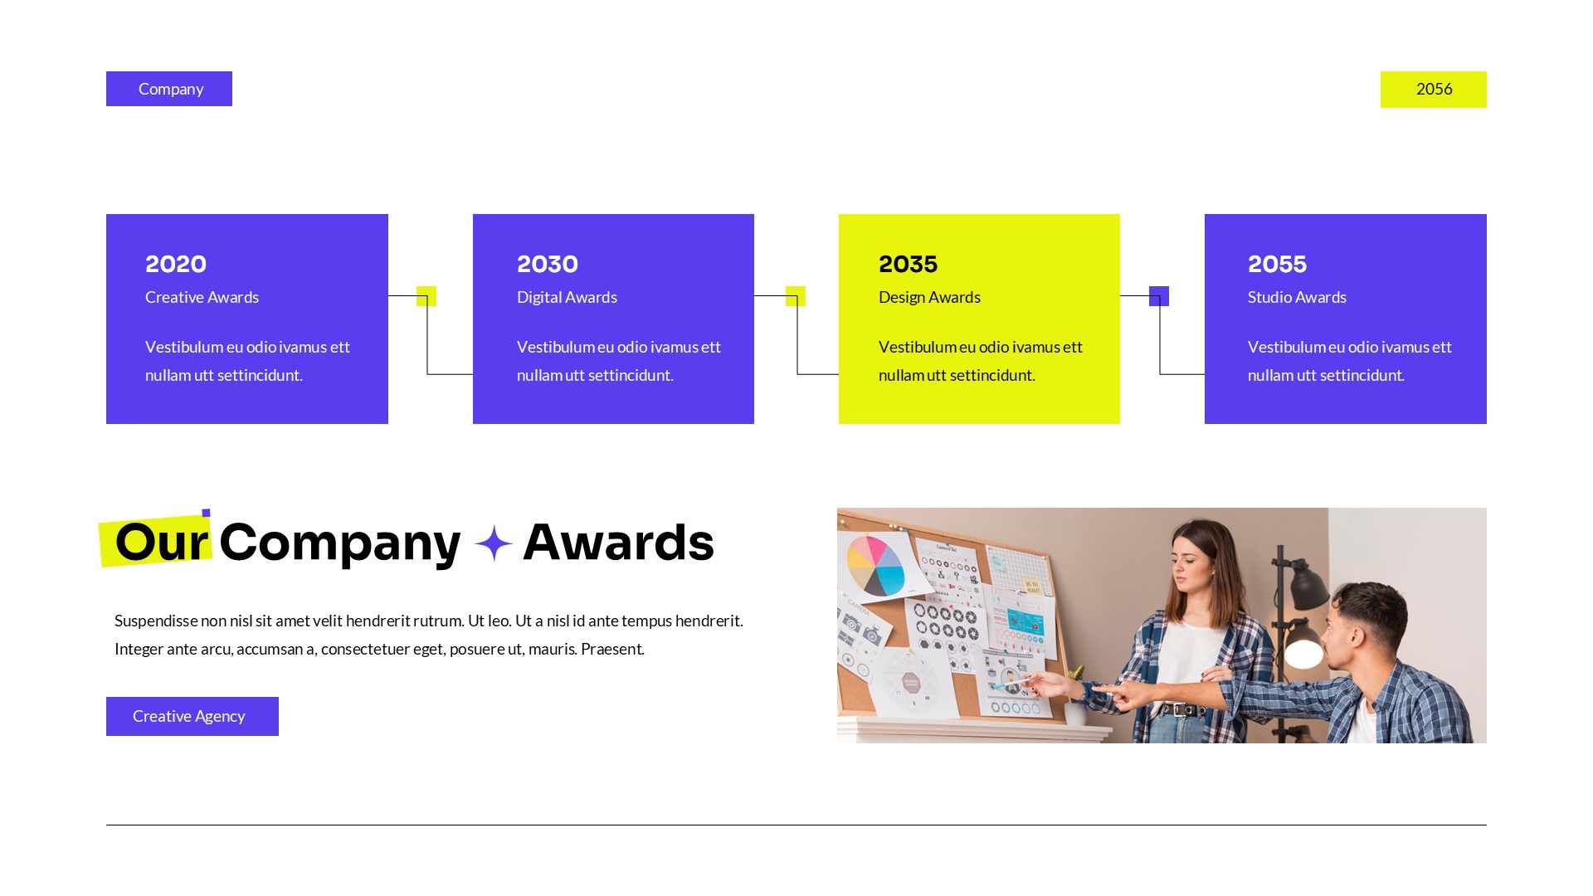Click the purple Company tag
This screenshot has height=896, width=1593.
pos(169,89)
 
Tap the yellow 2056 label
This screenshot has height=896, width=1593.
pos(1433,90)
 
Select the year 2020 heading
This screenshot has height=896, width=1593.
pos(176,264)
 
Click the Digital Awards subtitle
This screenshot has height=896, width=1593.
pos(567,297)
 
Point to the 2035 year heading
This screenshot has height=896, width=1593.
pos(908,264)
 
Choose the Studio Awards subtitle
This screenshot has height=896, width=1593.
pos(1297,297)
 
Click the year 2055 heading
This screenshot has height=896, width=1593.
pos(1277,264)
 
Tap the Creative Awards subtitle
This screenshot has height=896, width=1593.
pos(202,297)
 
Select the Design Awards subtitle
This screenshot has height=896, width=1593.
pos(929,297)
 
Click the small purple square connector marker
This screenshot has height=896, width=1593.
pos(1158,296)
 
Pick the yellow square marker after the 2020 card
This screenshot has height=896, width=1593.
pos(426,296)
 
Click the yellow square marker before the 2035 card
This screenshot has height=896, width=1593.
pos(795,296)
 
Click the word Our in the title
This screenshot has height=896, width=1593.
pos(161,542)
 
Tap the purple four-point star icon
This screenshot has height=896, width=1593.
pos(494,543)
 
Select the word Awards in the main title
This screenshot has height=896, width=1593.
pos(618,542)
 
